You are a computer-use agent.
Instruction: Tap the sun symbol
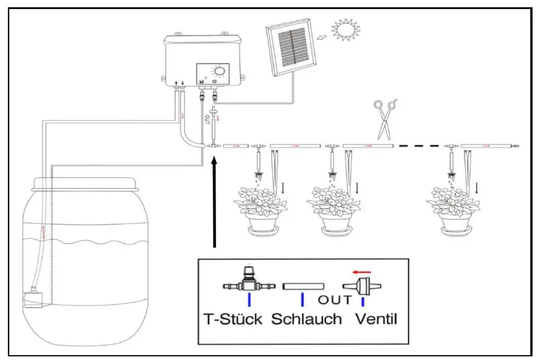(347, 28)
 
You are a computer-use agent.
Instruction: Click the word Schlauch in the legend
(306, 319)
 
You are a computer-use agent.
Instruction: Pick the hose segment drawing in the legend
(304, 286)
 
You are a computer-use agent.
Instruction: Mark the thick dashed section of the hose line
(418, 146)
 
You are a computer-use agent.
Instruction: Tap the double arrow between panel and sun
(321, 37)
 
